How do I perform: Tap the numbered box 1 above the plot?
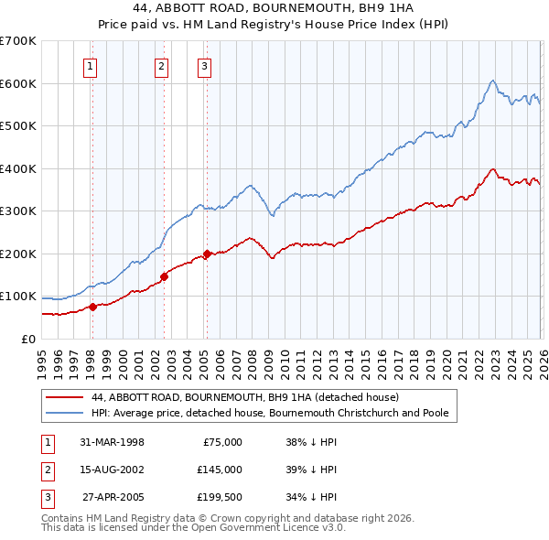pos(91,66)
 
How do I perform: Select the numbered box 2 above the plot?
pos(161,66)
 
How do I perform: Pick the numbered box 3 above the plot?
pos(204,66)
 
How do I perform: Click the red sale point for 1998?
pos(92,307)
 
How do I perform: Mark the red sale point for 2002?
pos(164,276)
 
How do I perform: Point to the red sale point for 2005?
pos(207,254)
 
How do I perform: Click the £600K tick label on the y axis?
pos(18,83)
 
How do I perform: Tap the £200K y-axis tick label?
pos(18,254)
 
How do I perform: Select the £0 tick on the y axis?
pos(28,339)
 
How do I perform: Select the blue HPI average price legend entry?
pos(270,413)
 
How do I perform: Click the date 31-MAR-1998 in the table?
pos(112,442)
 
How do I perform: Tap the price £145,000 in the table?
pos(219,470)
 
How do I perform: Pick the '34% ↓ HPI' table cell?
pos(311,497)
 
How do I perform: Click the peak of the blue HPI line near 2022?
pos(492,81)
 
